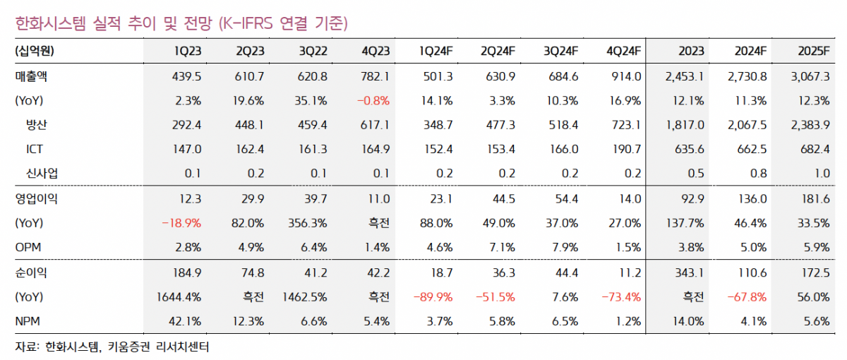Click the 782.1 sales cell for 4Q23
point(376,76)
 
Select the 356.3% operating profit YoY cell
point(308,223)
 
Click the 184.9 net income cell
point(187,272)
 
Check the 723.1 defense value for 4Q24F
point(626,124)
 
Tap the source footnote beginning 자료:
point(112,347)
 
